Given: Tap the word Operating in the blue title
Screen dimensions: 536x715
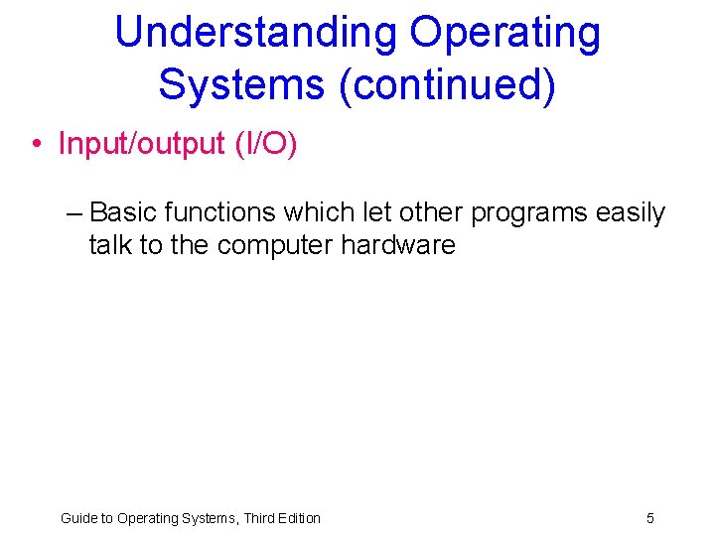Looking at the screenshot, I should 505,33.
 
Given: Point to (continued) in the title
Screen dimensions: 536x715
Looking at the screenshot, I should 447,84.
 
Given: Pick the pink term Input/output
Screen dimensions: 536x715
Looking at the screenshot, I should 142,144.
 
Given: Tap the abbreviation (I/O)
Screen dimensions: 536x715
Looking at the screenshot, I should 266,144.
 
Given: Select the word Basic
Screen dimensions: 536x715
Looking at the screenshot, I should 123,212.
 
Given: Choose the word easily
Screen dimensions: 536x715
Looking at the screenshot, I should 631,212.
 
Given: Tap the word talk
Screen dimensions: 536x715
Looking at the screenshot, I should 110,245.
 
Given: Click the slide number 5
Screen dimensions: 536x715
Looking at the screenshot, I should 650,518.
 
